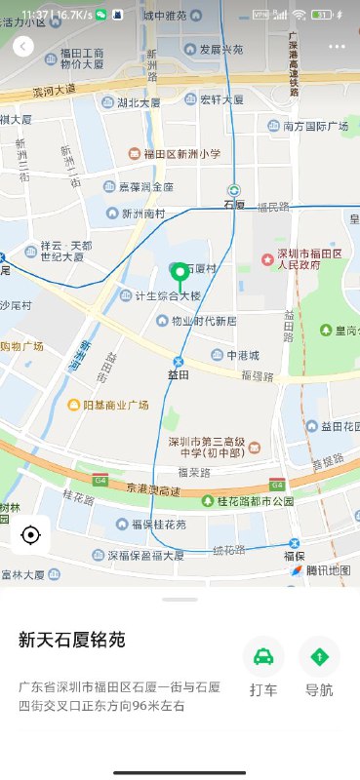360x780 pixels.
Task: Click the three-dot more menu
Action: pos(337,46)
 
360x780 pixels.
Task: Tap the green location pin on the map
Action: pos(180,274)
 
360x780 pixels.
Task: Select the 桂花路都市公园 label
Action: pos(256,501)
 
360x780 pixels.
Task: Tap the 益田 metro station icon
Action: pos(178,362)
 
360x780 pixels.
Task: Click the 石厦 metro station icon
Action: pos(234,191)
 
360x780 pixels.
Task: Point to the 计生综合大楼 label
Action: pos(168,295)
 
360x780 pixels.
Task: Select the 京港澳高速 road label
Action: pos(156,487)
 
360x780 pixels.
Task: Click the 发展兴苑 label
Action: pos(220,49)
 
